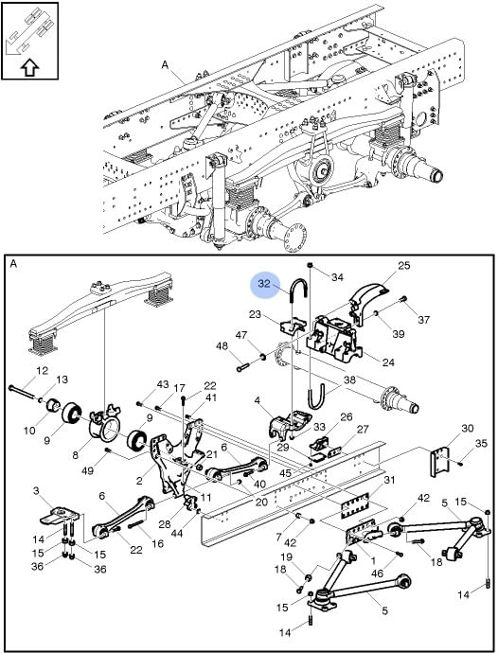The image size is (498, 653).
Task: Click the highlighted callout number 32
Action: pyautogui.click(x=264, y=284)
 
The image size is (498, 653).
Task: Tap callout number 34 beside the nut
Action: pyautogui.click(x=338, y=277)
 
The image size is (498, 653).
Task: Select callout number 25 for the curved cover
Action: pyautogui.click(x=404, y=265)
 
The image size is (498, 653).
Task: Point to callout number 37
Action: pyautogui.click(x=423, y=320)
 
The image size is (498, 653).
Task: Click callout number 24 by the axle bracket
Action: pyautogui.click(x=388, y=362)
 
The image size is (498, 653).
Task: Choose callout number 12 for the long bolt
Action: pyautogui.click(x=42, y=370)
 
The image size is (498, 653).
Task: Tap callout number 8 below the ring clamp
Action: pyautogui.click(x=75, y=454)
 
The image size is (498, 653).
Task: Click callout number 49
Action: pyautogui.click(x=87, y=470)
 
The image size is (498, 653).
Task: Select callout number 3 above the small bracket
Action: pyautogui.click(x=36, y=491)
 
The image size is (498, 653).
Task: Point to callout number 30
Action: pyautogui.click(x=468, y=428)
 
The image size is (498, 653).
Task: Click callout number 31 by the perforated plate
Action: pyautogui.click(x=389, y=480)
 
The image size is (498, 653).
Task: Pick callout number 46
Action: pyautogui.click(x=377, y=574)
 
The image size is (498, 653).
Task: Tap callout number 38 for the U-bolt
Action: pyautogui.click(x=349, y=379)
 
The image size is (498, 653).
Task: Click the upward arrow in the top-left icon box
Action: pyautogui.click(x=29, y=66)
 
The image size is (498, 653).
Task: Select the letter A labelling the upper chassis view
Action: pyautogui.click(x=166, y=65)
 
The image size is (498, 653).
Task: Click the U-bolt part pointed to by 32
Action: pyautogui.click(x=298, y=289)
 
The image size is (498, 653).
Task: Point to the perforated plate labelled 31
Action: pyautogui.click(x=355, y=506)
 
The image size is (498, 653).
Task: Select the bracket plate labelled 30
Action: pyautogui.click(x=440, y=462)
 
